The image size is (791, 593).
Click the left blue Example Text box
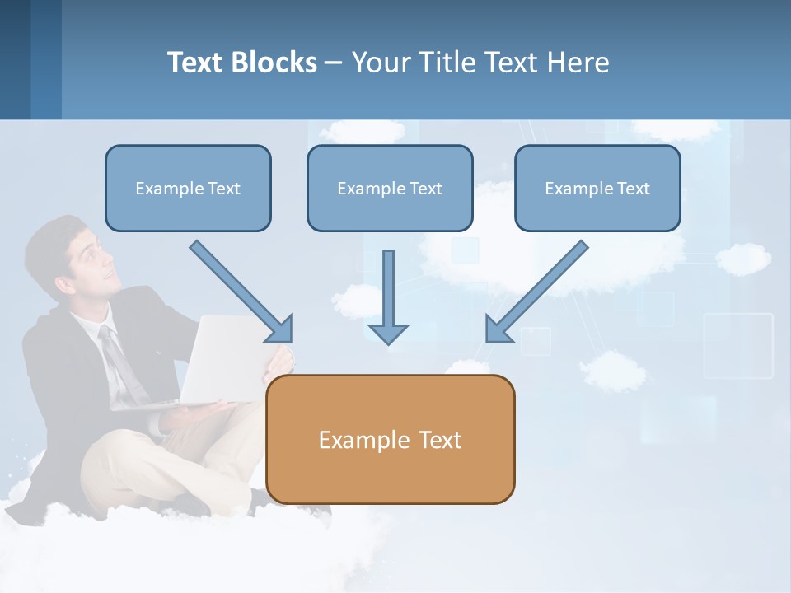click(188, 189)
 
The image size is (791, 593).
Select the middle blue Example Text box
click(390, 189)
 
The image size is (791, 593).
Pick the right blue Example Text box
click(597, 189)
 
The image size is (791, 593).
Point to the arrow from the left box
click(241, 291)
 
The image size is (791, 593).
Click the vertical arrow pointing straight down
click(388, 296)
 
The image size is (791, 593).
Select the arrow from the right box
click(537, 291)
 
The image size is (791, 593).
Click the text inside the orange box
click(390, 440)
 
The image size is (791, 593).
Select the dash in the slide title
click(335, 63)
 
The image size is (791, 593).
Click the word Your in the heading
click(381, 63)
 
